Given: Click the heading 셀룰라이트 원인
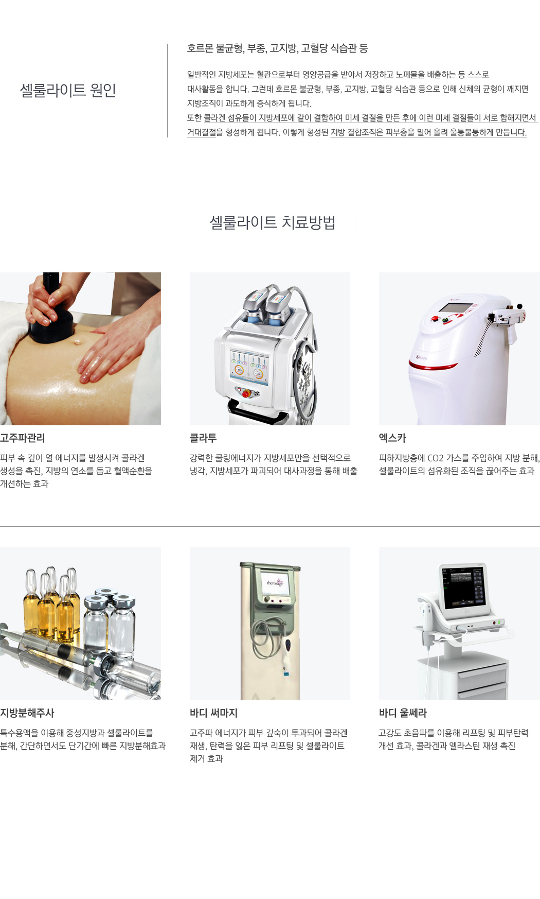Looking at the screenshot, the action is pos(68,90).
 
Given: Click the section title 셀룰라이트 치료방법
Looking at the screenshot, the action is pos(273,222).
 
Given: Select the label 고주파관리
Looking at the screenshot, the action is pos(23,438).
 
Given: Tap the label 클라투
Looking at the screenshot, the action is pos(203,438).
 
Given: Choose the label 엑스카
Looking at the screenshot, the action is pos(392,438).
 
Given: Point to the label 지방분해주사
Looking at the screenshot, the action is pos(27,713).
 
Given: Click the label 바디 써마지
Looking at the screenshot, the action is pos(213,713).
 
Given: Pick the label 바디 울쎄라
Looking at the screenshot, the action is pos(403,713).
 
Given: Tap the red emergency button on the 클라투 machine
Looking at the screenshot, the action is pos(246,394).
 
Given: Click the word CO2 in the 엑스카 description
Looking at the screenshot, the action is pos(436,458).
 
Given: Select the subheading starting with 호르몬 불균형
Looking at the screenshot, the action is pos(278,48).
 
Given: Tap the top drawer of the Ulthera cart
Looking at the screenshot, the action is pos(482,669).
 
